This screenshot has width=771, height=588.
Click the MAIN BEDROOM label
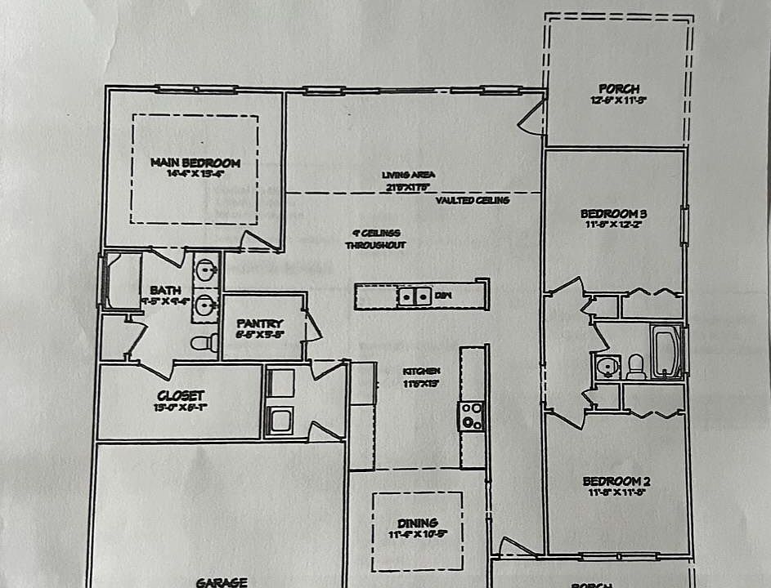tap(195, 163)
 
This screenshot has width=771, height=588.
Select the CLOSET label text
tap(181, 396)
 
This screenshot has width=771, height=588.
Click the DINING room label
tap(418, 523)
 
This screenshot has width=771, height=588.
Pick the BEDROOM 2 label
tap(616, 481)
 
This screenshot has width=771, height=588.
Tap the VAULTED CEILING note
tap(473, 200)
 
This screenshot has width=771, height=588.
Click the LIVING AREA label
tap(408, 175)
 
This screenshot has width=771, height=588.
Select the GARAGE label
tap(222, 582)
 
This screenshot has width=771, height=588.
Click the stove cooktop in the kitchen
tap(472, 415)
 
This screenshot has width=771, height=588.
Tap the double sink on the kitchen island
tap(415, 296)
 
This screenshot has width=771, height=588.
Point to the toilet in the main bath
tap(203, 342)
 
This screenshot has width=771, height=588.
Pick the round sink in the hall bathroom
tap(606, 367)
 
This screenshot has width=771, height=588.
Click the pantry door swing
tap(313, 326)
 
